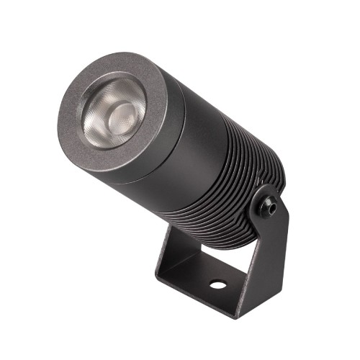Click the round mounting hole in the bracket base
click(217, 285)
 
